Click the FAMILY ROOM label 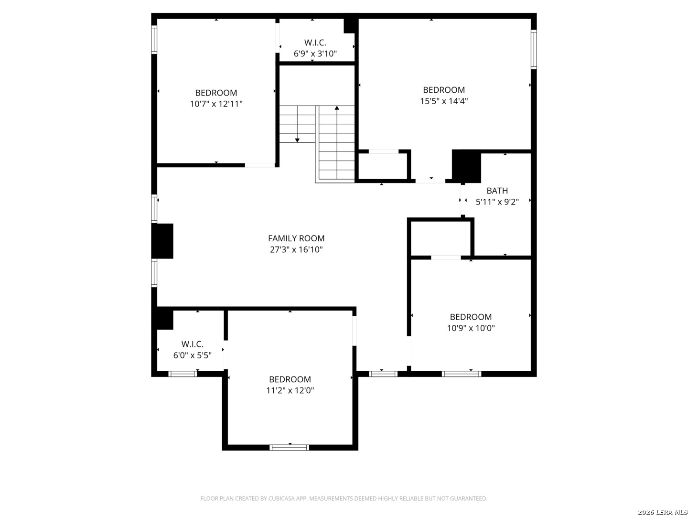coord(296,238)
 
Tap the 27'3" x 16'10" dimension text coord(296,249)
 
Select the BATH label coord(497,191)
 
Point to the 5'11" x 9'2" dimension coord(497,202)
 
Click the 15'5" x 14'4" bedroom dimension coord(443,101)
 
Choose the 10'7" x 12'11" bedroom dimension coord(216,104)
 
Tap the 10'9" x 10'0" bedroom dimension coord(471,328)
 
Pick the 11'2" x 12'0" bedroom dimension coord(290,390)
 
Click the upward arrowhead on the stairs coord(337,108)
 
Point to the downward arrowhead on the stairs coord(297,140)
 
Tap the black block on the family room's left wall coord(162,241)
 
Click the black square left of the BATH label coord(466,166)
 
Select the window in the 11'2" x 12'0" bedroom coord(289,447)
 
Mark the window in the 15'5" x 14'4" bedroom coord(534,50)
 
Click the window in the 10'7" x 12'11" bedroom coord(154,40)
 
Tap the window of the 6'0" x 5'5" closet coord(183,374)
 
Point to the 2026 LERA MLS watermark coord(662,512)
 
